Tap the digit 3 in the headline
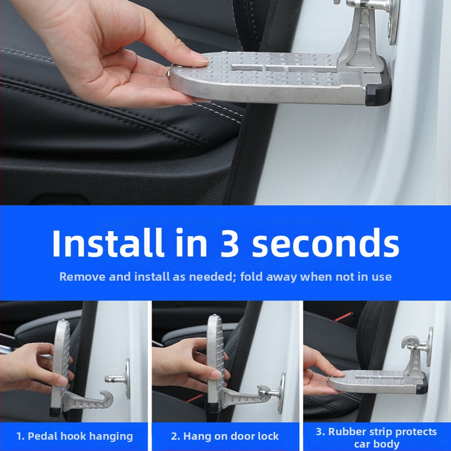tap(229, 243)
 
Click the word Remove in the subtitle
tap(82, 277)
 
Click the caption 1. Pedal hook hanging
tap(74, 436)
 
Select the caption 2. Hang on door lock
tap(225, 436)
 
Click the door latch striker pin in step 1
tap(114, 379)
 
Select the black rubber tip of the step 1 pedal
tap(56, 412)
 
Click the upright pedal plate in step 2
tap(216, 360)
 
